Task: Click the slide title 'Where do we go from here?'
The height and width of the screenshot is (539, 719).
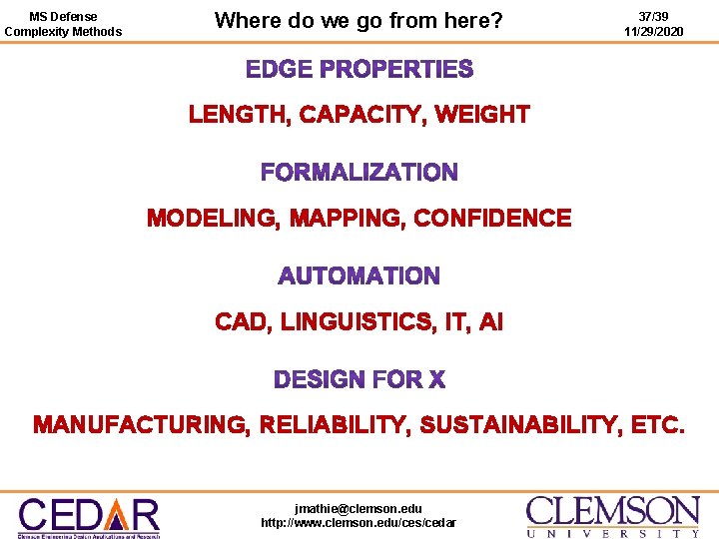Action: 359,20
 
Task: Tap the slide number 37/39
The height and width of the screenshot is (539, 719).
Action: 653,17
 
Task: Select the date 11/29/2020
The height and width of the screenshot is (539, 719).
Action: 653,32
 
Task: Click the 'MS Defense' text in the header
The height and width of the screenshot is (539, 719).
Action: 64,17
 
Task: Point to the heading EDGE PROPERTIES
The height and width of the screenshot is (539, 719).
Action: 359,70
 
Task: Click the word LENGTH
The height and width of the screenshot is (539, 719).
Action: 239,115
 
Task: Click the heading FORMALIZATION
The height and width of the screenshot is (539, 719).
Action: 359,173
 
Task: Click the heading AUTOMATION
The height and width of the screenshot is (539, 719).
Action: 359,275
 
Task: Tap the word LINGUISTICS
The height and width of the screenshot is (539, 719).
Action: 356,322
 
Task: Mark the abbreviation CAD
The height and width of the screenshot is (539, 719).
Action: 241,322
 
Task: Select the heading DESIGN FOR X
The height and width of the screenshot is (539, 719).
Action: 359,380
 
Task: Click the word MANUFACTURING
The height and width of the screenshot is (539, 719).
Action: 140,426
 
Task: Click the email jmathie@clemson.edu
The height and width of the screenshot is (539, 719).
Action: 359,508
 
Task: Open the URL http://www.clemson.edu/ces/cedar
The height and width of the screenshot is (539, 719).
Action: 359,522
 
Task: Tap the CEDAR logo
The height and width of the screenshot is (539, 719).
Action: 89,515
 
